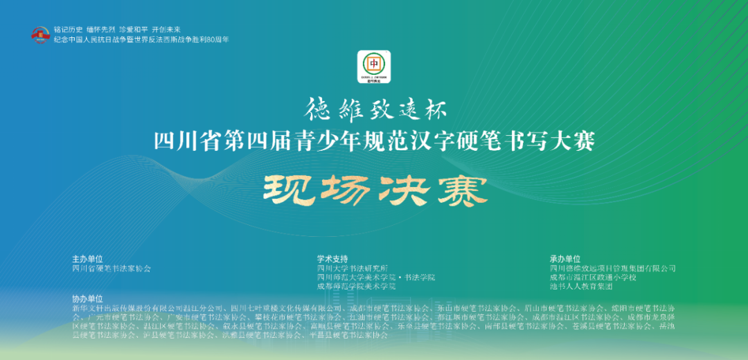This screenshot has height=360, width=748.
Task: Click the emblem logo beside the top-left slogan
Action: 41,35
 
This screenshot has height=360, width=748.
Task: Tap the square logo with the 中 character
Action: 374,67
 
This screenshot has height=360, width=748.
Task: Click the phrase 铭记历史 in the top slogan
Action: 69,30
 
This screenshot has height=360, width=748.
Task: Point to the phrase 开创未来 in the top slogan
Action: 166,30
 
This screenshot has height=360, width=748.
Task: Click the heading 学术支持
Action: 332,259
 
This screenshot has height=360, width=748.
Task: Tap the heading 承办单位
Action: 565,259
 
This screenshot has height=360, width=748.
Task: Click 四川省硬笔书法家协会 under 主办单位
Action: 111,268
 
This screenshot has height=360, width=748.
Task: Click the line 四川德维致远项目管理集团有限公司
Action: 612,268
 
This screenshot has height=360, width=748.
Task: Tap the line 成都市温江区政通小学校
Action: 593,277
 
